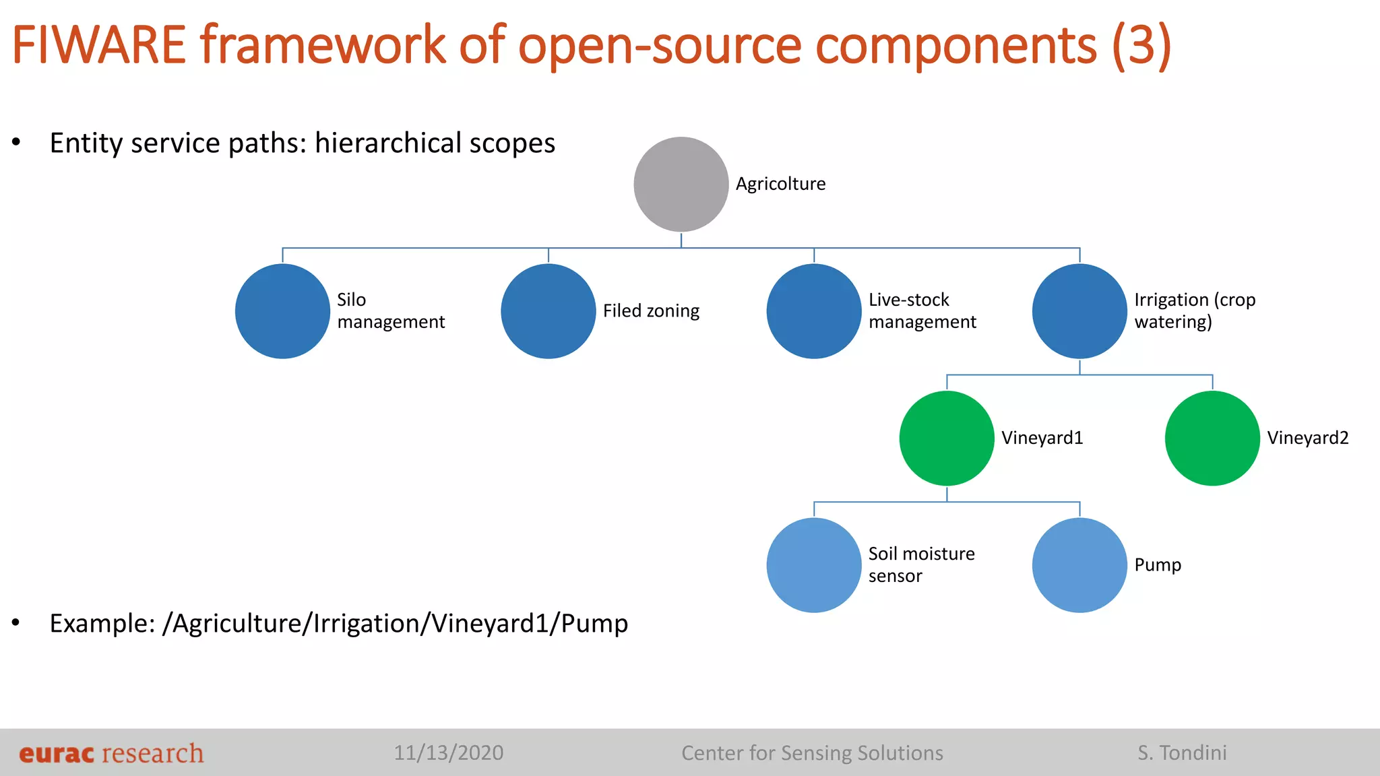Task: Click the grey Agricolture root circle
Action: pos(681,184)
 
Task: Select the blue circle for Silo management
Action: pos(282,311)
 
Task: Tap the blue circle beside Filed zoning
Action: pos(548,311)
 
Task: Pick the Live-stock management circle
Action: pos(813,311)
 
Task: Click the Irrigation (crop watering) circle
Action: pos(1079,311)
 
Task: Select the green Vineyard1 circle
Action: pos(946,438)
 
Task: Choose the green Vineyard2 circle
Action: pos(1212,438)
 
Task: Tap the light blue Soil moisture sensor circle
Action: pos(813,564)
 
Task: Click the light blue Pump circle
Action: pos(1079,564)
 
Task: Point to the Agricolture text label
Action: pos(780,184)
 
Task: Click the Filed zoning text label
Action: pos(651,311)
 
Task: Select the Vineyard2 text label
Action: pos(1307,438)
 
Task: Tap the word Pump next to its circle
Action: pos(1157,564)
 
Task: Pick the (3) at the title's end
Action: pos(1141,45)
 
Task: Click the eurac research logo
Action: pos(111,753)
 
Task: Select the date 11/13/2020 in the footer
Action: pos(448,752)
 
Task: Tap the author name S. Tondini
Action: pos(1182,752)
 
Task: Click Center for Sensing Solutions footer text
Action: pos(812,752)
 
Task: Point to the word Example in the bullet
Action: pos(102,623)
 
